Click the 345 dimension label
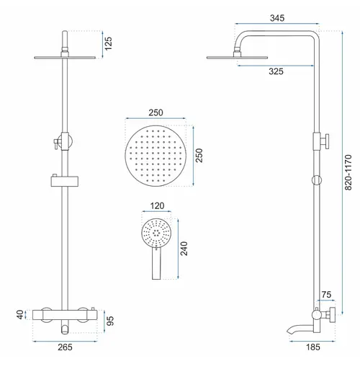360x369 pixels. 277,18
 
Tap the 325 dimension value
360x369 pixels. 276,71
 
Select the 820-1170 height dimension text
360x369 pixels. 348,172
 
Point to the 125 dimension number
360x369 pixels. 108,43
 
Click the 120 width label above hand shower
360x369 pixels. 157,206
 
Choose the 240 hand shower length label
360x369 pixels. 184,249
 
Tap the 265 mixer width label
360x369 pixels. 65,347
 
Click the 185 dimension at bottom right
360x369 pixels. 313,347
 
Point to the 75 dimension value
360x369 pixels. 326,295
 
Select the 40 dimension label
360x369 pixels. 20,315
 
